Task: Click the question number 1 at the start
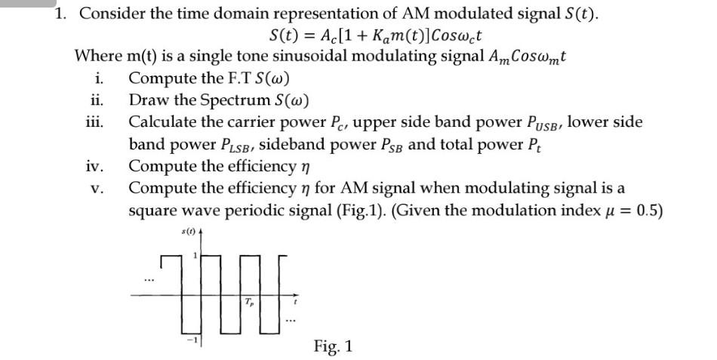[x=62, y=14]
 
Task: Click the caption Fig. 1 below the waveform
[x=333, y=346]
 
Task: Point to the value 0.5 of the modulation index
[x=650, y=209]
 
